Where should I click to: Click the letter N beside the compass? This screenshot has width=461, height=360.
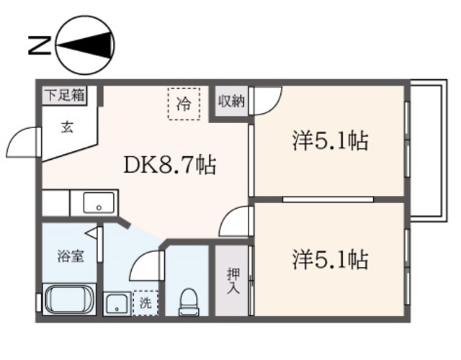coord(40,45)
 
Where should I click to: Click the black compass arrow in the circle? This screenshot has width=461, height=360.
coord(85,45)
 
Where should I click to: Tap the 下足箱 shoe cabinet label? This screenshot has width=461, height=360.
coord(65,96)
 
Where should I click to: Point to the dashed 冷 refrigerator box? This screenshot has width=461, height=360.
coord(184,104)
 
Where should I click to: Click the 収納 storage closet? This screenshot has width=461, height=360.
coord(231,101)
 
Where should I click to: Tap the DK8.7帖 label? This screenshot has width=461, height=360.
coord(170,165)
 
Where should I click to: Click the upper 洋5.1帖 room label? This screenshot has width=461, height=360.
coord(330,141)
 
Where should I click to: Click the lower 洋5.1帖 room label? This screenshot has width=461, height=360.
coord(330,259)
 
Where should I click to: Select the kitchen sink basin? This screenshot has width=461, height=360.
coord(99,203)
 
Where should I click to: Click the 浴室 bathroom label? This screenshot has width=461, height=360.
coord(71,256)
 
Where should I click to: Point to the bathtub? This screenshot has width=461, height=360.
coord(69,300)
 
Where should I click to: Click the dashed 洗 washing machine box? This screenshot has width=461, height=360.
coord(146,303)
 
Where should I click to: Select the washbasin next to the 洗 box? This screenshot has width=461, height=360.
coord(117,304)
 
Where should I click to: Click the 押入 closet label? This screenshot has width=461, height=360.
coord(233,281)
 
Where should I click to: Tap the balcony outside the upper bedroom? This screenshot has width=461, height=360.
coord(428,150)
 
